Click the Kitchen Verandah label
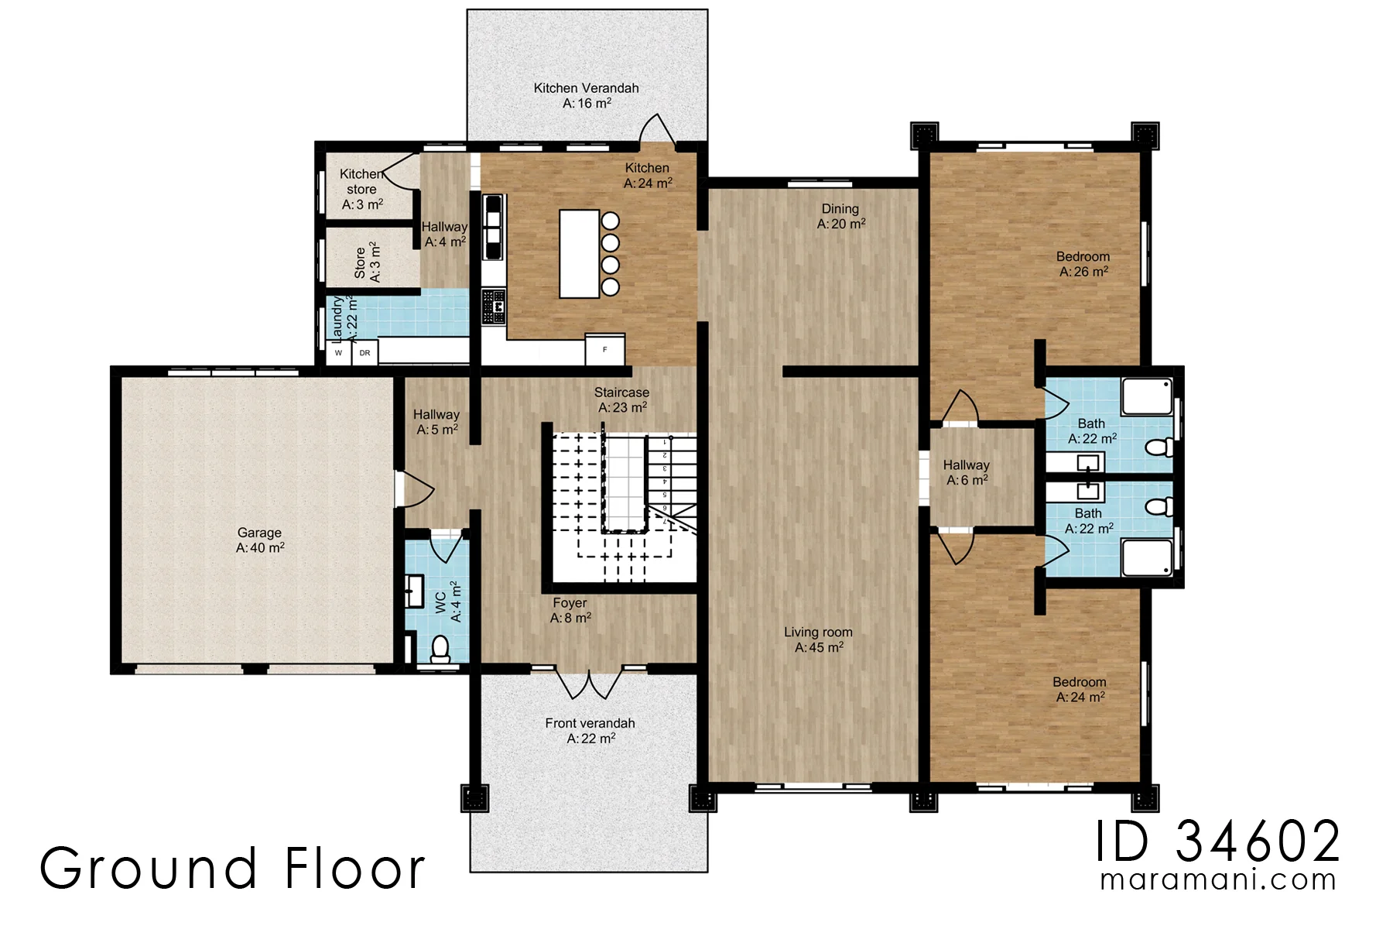587,95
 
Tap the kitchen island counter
580,254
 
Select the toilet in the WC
440,649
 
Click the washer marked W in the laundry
338,352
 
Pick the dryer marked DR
365,352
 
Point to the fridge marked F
604,349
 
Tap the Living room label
818,639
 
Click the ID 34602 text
1217,842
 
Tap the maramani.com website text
1217,880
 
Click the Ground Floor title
232,868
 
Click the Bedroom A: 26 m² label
1083,264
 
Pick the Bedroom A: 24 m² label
1080,689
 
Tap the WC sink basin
414,591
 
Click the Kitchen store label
361,189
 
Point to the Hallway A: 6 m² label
967,472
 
